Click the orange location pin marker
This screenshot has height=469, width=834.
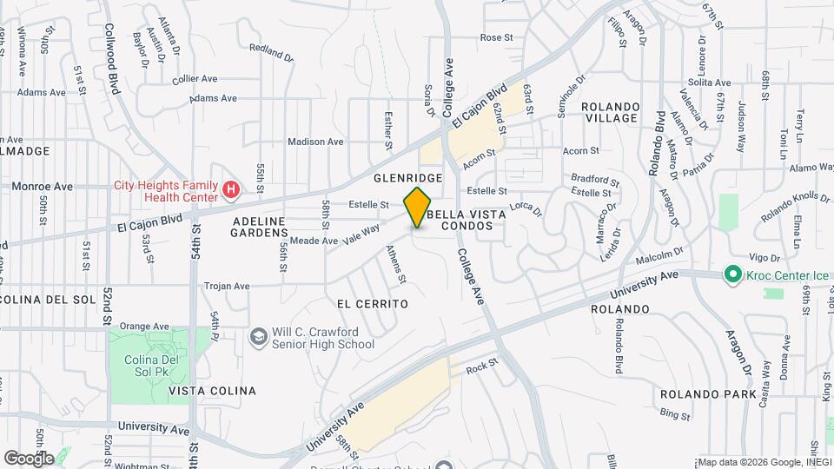click(418, 206)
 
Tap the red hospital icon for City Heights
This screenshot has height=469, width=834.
click(231, 189)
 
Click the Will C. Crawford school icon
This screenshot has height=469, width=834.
click(258, 336)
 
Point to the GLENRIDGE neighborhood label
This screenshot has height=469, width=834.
click(408, 177)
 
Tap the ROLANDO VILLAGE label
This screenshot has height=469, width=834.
click(610, 113)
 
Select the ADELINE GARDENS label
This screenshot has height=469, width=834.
click(260, 227)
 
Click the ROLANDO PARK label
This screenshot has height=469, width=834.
click(708, 393)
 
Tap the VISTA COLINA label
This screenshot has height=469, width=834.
click(213, 391)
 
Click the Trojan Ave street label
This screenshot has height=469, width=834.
click(227, 285)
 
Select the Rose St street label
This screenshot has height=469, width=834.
click(497, 38)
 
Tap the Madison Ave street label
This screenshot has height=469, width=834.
click(315, 142)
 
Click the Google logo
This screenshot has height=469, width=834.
click(29, 458)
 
